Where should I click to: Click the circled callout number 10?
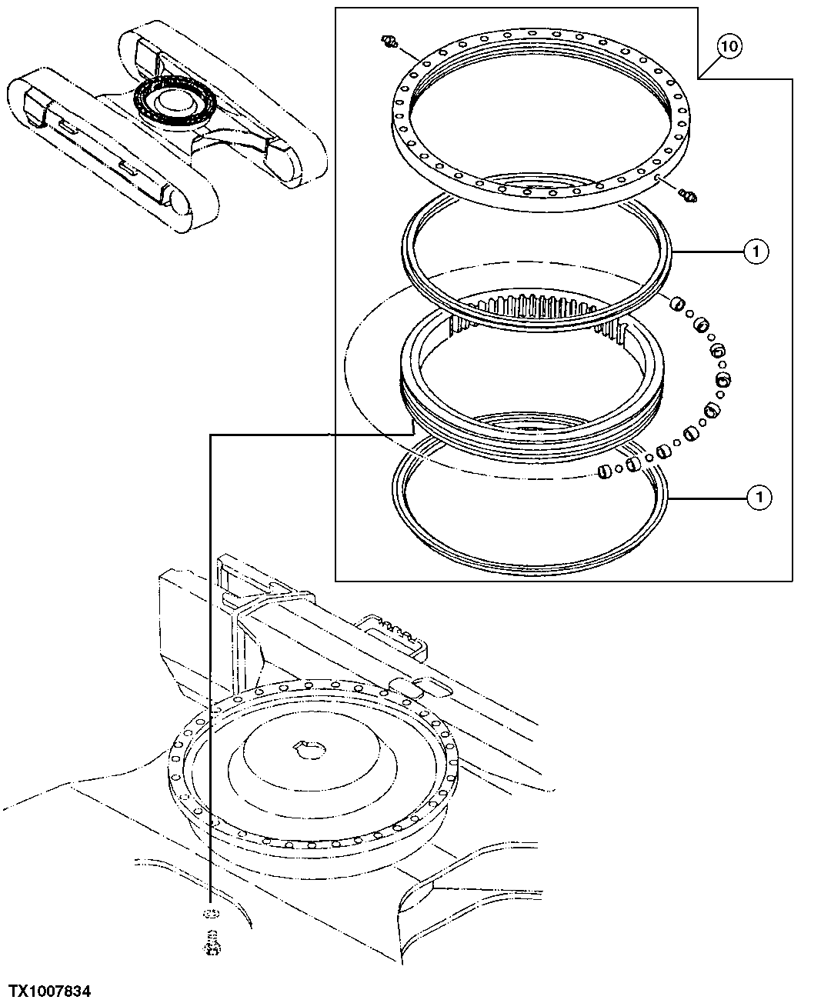click(x=730, y=48)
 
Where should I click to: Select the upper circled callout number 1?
click(x=756, y=252)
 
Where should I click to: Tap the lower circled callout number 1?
click(x=759, y=498)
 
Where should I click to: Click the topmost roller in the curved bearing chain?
click(x=676, y=305)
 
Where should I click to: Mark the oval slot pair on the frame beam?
click(x=415, y=686)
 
